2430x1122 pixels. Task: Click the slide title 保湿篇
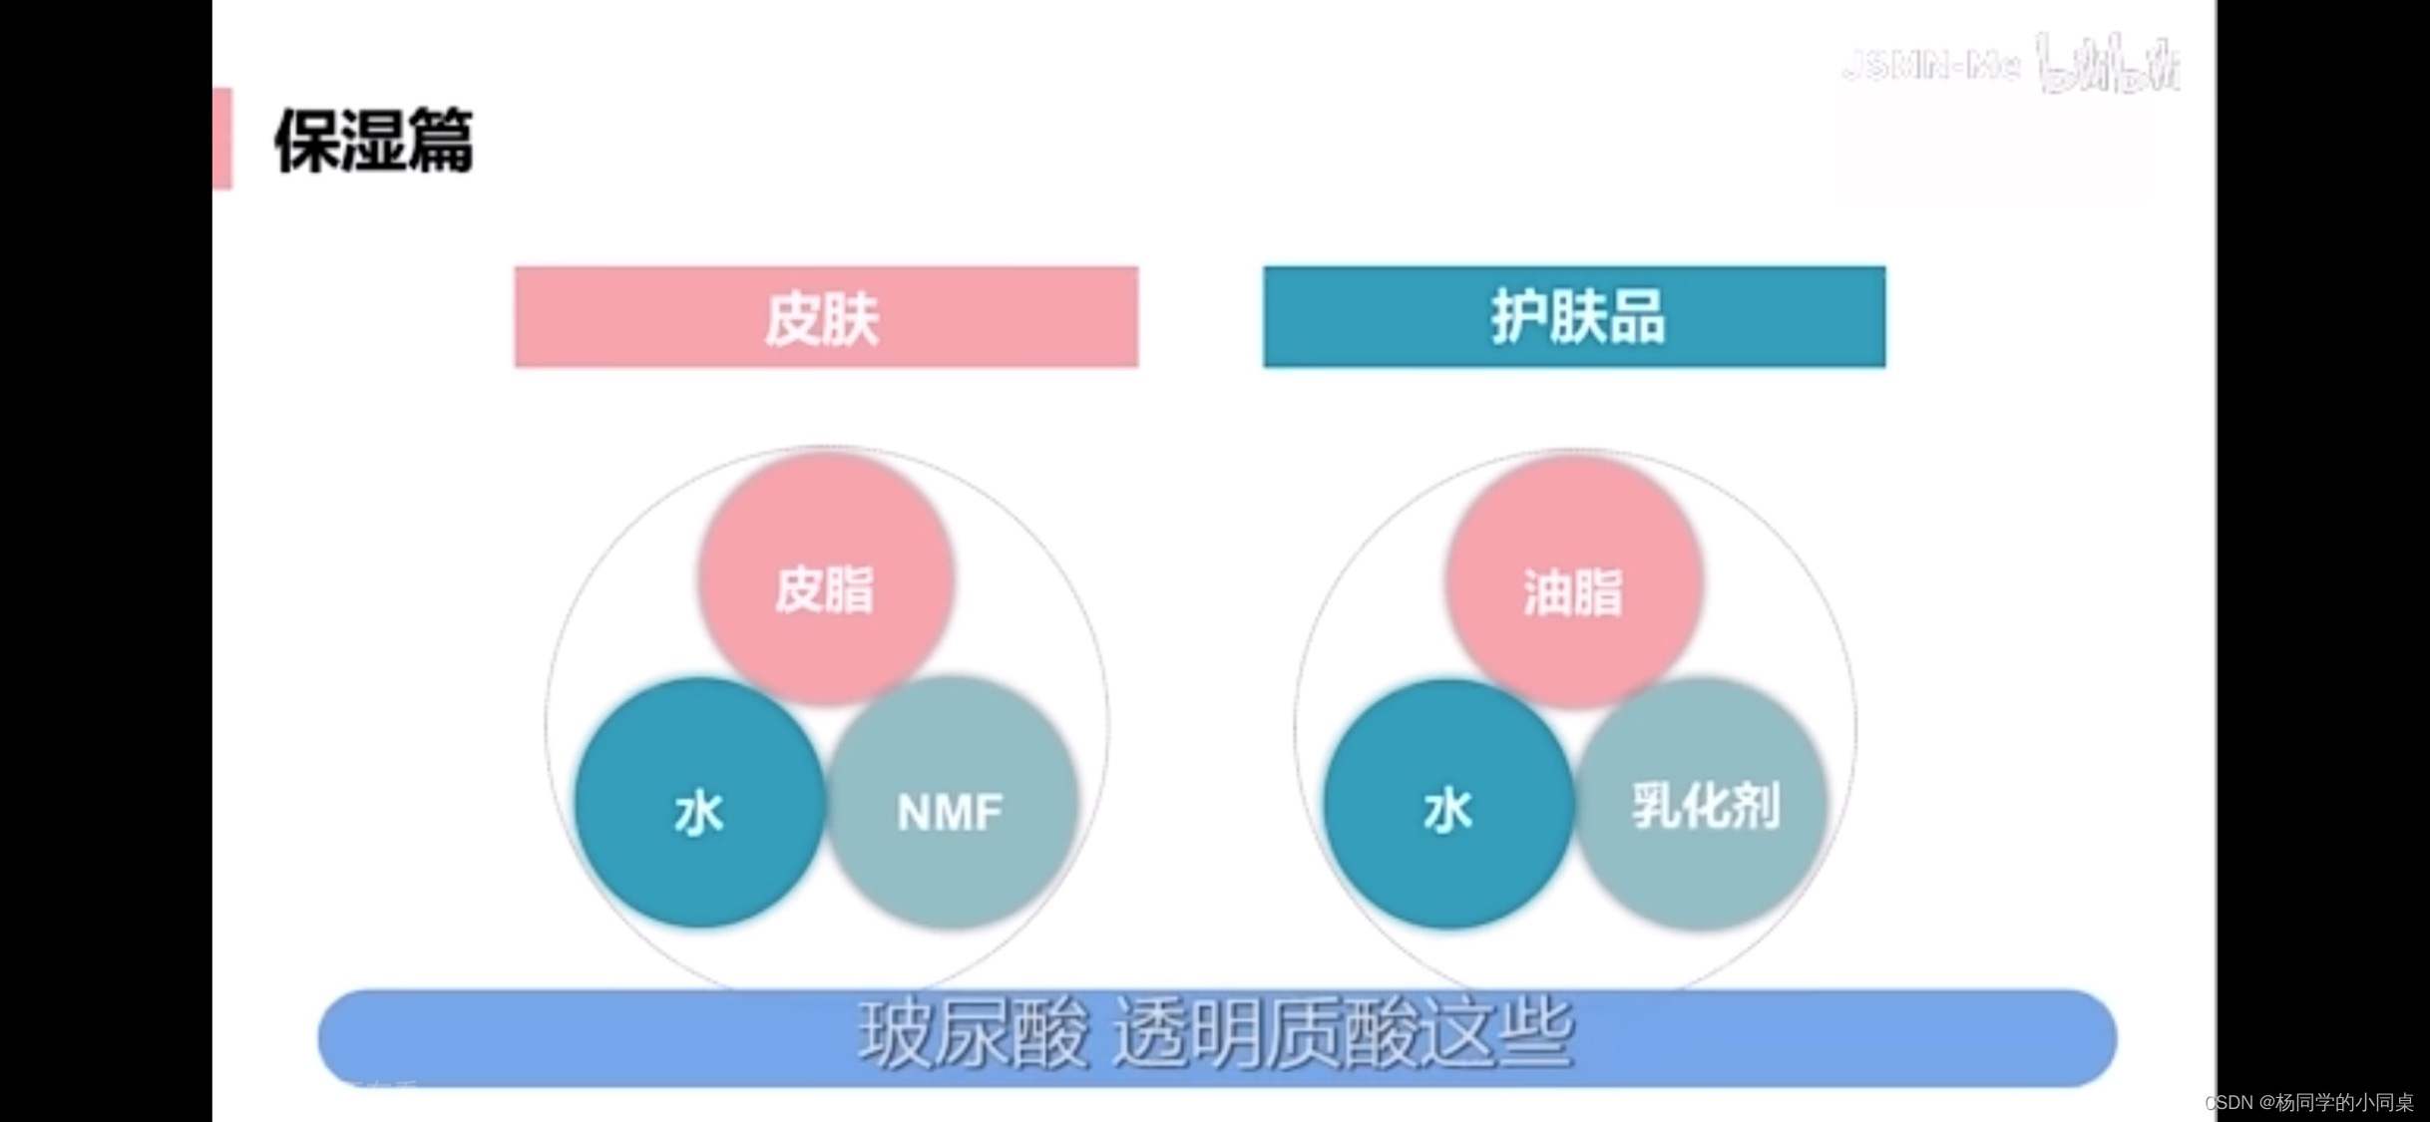click(x=373, y=140)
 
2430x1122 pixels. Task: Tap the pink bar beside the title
click(x=222, y=138)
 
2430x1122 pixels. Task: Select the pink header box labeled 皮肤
click(x=826, y=317)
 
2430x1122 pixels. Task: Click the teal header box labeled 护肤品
click(x=1574, y=317)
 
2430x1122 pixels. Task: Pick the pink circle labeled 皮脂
click(x=825, y=578)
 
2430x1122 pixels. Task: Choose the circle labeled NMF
click(x=953, y=803)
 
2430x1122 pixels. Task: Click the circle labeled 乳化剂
click(x=1702, y=803)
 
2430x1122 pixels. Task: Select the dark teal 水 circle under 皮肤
click(x=699, y=803)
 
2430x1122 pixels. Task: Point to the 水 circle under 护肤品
click(x=1448, y=803)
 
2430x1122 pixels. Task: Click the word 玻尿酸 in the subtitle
click(x=973, y=1035)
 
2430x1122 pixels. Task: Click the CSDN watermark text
click(x=2308, y=1102)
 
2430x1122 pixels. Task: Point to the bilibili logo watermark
click(x=2107, y=63)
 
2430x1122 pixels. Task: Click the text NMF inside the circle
click(x=950, y=812)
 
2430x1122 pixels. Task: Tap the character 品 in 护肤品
click(x=1636, y=317)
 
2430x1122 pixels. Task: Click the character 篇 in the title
click(x=440, y=140)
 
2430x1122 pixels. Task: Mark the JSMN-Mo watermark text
click(x=1931, y=66)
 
